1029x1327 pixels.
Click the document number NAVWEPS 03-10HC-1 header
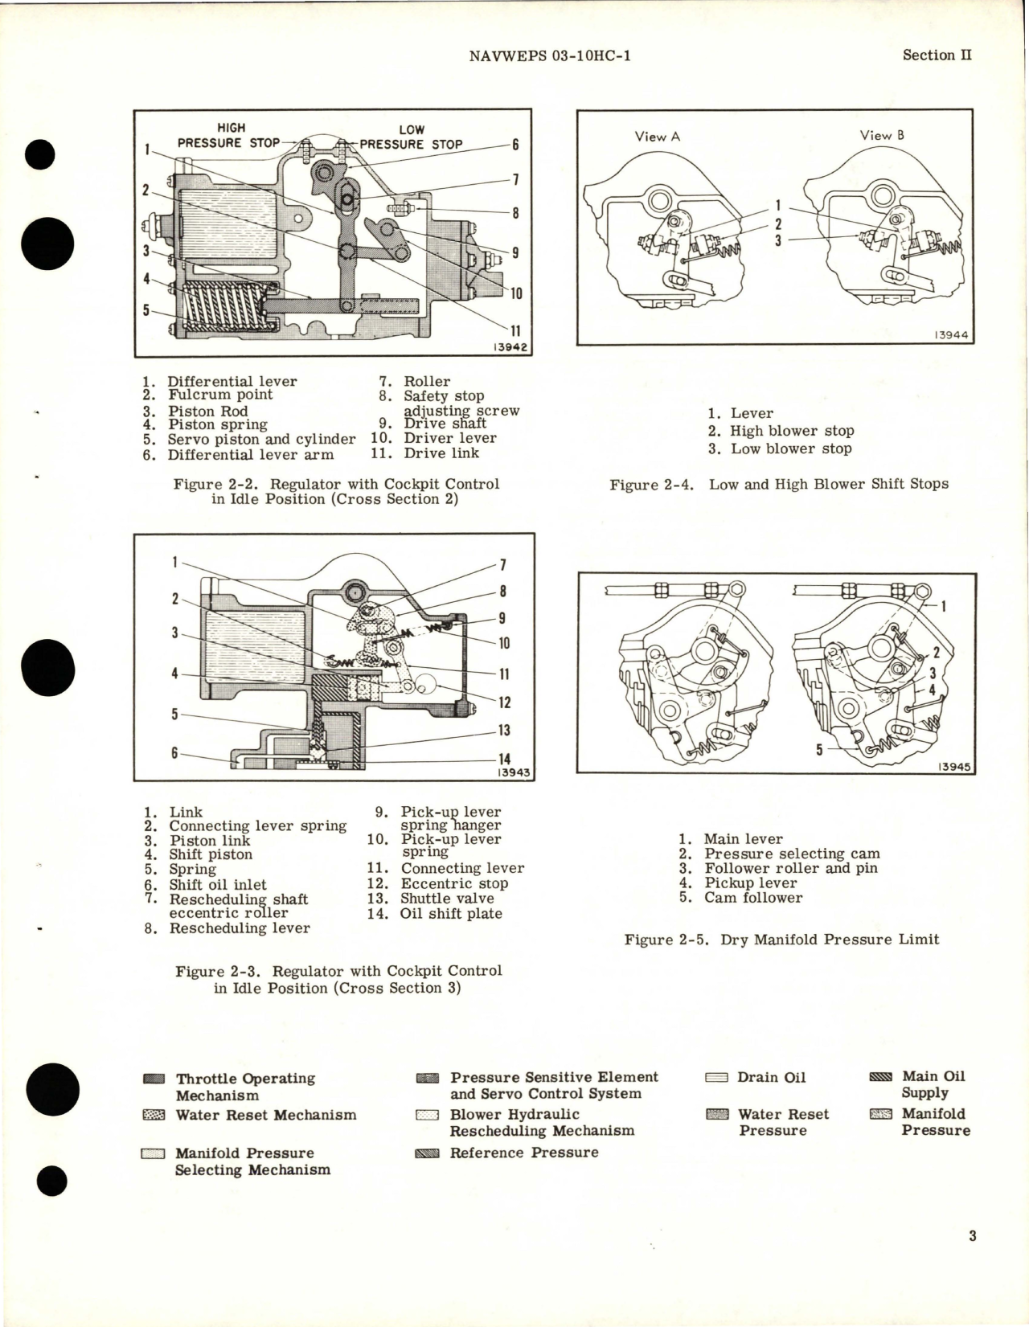tap(547, 56)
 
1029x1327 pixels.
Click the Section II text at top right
tap(937, 55)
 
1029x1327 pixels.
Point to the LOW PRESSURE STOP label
tap(411, 137)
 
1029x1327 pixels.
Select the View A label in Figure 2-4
tap(657, 137)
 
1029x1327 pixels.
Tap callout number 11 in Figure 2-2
tap(514, 330)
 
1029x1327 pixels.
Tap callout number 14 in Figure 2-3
tap(505, 759)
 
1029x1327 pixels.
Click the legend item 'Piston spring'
tap(217, 424)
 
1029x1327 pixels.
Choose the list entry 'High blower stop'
tap(791, 431)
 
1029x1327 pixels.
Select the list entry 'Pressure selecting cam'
tap(791, 854)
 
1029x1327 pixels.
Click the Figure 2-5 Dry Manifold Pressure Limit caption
tap(781, 939)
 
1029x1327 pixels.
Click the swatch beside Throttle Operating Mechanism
tap(159, 1079)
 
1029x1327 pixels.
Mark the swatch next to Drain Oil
tap(721, 1078)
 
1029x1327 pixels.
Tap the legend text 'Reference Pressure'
tap(524, 1153)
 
